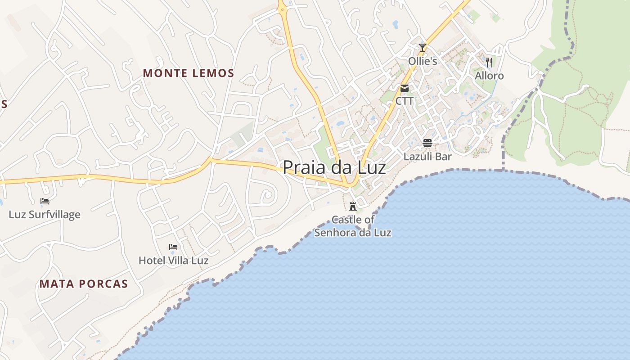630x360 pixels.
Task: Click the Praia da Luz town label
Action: pyautogui.click(x=334, y=168)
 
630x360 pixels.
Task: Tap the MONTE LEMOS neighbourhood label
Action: pyautogui.click(x=189, y=73)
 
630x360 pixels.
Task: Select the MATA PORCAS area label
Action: pyautogui.click(x=84, y=284)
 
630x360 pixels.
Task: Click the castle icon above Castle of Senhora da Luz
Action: pyautogui.click(x=353, y=207)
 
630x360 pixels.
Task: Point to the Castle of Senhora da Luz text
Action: pyautogui.click(x=353, y=226)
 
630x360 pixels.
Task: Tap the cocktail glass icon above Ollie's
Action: pyautogui.click(x=422, y=47)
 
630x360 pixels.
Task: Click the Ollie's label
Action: pyautogui.click(x=423, y=61)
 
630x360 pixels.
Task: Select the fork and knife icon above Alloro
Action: pyautogui.click(x=490, y=62)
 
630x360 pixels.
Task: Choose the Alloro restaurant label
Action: pyautogui.click(x=489, y=76)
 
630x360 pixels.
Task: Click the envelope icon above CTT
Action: pyautogui.click(x=405, y=88)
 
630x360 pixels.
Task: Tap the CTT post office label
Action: pyautogui.click(x=405, y=101)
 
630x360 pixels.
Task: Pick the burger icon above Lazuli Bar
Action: pyautogui.click(x=427, y=144)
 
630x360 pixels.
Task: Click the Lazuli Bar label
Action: pyautogui.click(x=427, y=157)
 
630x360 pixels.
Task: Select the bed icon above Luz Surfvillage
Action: pyautogui.click(x=45, y=201)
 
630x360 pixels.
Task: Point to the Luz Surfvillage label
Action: pyautogui.click(x=45, y=215)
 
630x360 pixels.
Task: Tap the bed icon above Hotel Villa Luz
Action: pyautogui.click(x=173, y=247)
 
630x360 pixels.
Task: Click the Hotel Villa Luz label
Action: pyautogui.click(x=173, y=261)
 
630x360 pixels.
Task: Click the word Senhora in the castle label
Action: pyautogui.click(x=336, y=233)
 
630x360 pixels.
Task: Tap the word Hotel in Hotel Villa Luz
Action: pyautogui.click(x=151, y=261)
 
